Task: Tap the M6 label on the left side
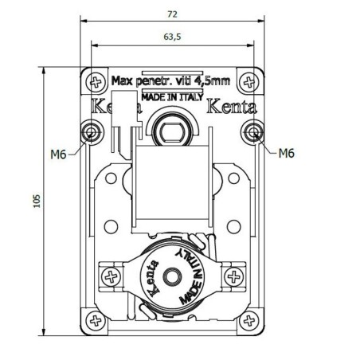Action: point(57,154)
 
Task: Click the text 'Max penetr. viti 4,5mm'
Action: point(171,80)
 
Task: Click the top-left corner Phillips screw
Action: point(96,81)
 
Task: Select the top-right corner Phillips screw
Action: point(252,81)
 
